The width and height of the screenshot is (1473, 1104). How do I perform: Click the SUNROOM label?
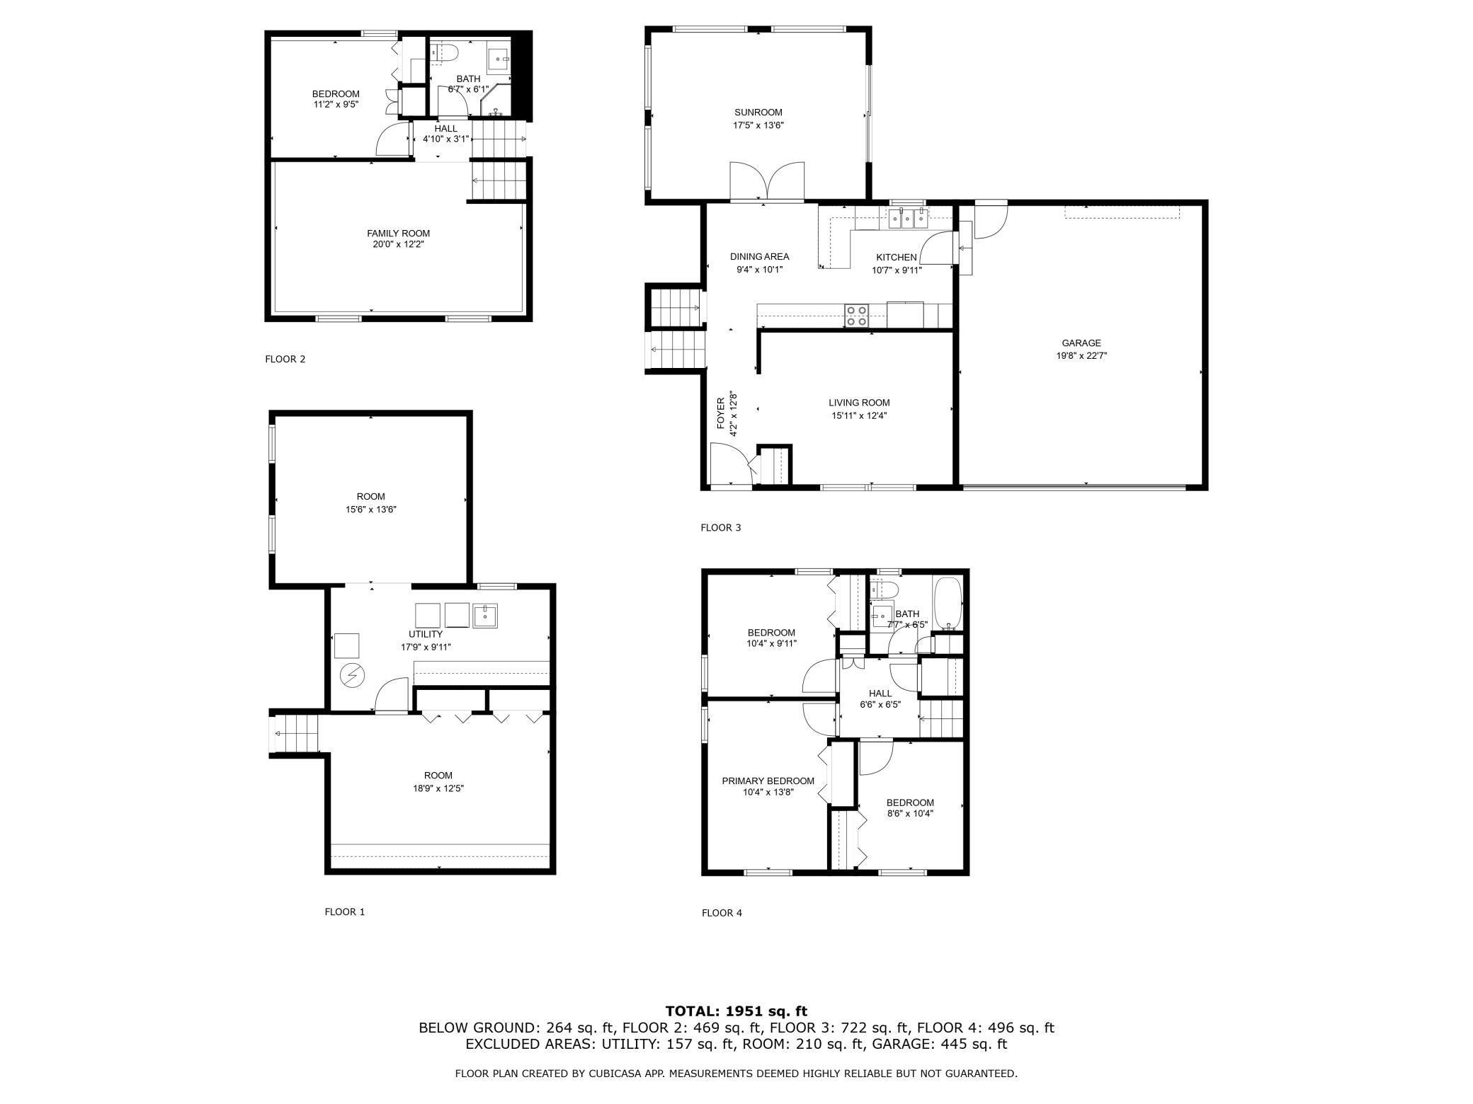coord(758,113)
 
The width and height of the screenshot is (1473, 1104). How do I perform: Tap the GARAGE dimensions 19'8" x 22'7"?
coord(1081,356)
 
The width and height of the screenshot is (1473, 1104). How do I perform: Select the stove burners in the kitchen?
coord(856,315)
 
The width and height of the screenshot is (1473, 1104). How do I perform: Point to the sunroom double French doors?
coord(767,182)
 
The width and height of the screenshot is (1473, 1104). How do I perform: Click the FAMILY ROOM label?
coord(398,234)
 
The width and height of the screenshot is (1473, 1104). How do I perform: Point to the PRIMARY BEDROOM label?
coord(768,781)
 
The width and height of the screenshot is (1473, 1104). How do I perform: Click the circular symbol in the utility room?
coord(351,676)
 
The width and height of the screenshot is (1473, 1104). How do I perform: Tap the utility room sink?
coord(485,616)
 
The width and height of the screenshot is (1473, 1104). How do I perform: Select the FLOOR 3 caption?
coord(720,528)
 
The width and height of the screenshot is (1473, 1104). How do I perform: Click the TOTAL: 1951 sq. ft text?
coord(736,1011)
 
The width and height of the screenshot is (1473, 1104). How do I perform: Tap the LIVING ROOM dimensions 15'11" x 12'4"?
coord(859,416)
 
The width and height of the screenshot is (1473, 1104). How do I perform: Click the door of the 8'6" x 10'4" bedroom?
coord(876,757)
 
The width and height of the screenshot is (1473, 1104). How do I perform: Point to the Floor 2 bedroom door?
coord(392,139)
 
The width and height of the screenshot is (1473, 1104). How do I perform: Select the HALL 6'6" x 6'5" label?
coord(880,698)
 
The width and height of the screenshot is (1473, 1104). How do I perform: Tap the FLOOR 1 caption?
coord(344,912)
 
